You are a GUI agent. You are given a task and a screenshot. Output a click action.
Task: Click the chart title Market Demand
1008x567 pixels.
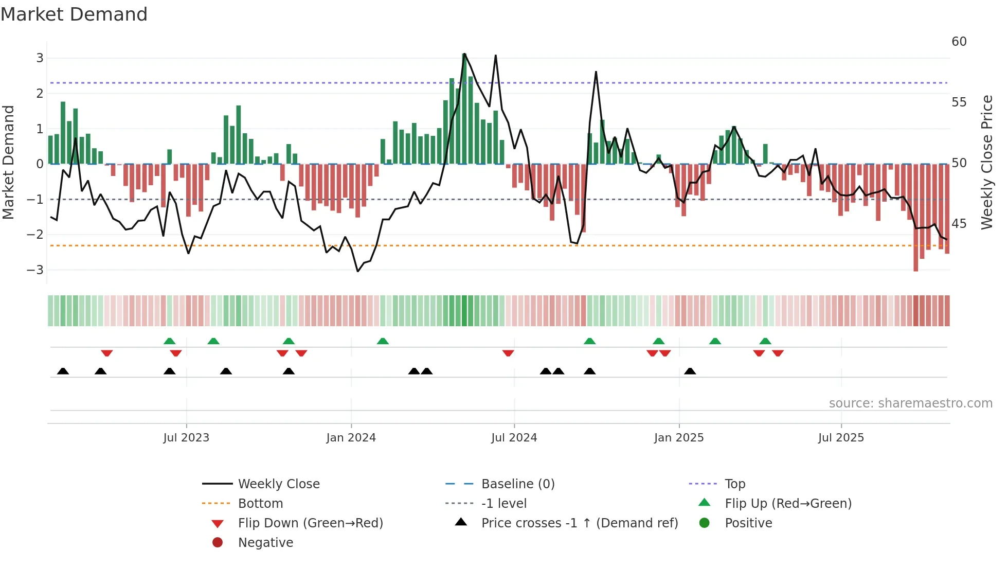tap(74, 14)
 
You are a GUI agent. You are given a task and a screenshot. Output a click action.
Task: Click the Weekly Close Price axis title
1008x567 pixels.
tap(986, 162)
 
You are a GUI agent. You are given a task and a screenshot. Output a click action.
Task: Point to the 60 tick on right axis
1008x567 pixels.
tap(959, 42)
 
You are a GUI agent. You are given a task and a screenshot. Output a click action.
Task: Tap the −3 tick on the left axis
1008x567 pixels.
tap(35, 270)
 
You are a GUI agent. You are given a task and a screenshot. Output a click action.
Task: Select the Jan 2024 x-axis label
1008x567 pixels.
tap(351, 438)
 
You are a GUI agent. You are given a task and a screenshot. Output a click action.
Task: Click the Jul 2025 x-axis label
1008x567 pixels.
tap(841, 438)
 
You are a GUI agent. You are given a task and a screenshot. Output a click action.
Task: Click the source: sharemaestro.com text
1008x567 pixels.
tap(910, 403)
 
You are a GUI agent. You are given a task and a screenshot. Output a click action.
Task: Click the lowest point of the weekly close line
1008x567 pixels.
tap(358, 271)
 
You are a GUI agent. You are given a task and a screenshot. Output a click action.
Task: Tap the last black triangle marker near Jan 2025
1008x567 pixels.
tap(690, 371)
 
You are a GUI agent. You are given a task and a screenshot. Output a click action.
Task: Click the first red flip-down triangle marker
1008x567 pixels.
tap(107, 353)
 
